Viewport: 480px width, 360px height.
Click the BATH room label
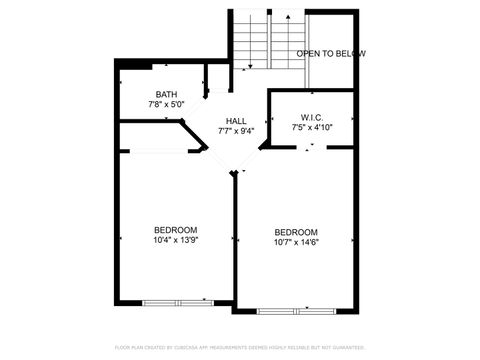point(166,94)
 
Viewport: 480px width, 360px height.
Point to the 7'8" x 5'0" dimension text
point(166,104)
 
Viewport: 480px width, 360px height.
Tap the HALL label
point(236,120)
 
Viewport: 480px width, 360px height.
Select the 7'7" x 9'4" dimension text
point(236,130)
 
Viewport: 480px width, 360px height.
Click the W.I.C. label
point(311,117)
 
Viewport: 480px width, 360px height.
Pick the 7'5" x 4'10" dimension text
point(311,127)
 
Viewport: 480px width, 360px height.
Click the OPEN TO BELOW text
point(331,53)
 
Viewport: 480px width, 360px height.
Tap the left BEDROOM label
point(175,229)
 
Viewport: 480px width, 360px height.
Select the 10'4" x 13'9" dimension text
point(175,239)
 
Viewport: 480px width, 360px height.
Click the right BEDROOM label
point(296,232)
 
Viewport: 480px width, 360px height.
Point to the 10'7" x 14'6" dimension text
point(296,242)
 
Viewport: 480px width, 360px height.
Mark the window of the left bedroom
point(177,301)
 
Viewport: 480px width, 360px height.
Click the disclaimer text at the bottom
point(240,347)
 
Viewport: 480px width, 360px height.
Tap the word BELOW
point(351,53)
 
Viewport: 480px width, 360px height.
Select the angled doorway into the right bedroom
point(249,160)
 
